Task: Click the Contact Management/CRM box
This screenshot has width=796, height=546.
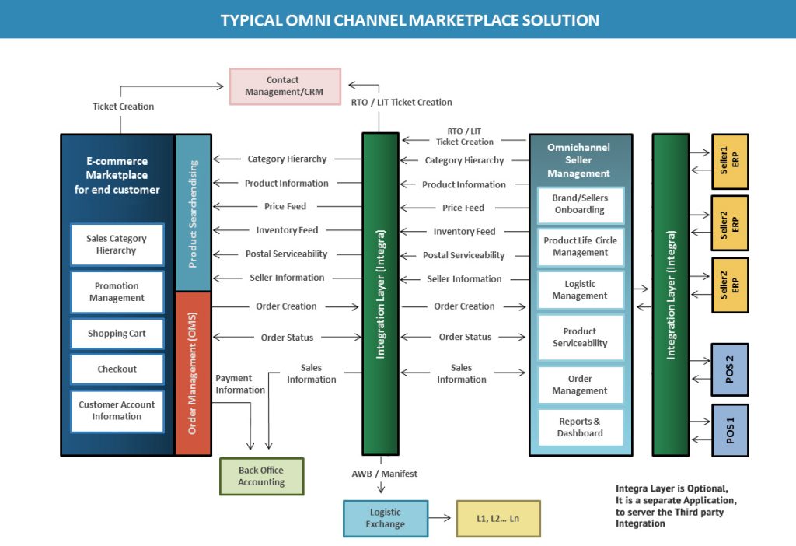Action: click(285, 86)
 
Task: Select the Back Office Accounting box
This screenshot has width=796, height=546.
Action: click(261, 476)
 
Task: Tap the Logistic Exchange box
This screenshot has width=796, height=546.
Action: click(386, 518)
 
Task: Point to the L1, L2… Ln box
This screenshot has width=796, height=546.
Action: click(497, 518)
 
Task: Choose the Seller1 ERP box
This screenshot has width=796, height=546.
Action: click(730, 161)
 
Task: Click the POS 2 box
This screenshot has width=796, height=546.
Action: click(730, 369)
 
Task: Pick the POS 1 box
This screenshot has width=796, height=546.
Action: click(730, 430)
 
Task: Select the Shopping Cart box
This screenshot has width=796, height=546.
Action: click(117, 334)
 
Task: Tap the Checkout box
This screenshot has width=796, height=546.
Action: click(117, 369)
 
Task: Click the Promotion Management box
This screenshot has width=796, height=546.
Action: click(117, 292)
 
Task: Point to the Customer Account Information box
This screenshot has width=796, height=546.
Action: click(117, 411)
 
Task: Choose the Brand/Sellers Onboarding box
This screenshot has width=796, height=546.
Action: click(580, 205)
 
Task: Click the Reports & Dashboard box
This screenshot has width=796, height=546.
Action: click(580, 428)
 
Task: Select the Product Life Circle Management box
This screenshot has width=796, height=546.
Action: click(580, 247)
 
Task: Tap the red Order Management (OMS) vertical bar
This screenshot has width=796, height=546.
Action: click(193, 373)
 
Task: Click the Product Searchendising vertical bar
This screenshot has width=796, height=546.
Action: click(193, 213)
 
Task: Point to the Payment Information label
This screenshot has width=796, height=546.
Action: click(239, 384)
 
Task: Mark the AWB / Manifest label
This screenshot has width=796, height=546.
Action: click(384, 474)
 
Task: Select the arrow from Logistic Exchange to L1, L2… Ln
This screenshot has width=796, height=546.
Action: click(442, 518)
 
